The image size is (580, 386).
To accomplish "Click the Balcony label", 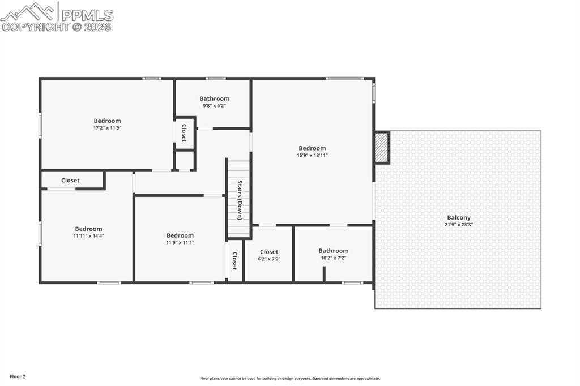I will coord(458,217).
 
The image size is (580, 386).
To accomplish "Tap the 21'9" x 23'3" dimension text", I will coord(458,225).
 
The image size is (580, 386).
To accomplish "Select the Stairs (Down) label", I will coord(240,200).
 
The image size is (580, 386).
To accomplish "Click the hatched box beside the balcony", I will coord(382,148).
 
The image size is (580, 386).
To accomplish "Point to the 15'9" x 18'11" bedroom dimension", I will coord(312,155).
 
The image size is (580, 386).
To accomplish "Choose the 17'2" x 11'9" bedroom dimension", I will coord(107,128).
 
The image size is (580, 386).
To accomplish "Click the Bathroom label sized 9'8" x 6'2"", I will coord(214,98).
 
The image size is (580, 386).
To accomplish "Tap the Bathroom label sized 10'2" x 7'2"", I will coord(333,251).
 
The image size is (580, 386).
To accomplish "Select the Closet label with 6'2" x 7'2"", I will coord(269,252).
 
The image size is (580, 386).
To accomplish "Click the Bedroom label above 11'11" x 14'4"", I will coord(88,229).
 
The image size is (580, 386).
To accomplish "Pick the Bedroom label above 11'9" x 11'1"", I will coord(180,235).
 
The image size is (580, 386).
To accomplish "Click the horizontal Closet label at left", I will coord(70,181).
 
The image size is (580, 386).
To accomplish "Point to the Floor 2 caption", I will coord(18,376).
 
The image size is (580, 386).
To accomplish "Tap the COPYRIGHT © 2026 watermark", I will coord(56,27).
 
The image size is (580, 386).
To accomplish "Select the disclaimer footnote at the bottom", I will coord(289,379).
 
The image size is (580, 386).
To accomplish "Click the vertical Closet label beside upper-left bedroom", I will coord(184,133).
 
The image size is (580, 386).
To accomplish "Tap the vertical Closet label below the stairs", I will coord(234,261).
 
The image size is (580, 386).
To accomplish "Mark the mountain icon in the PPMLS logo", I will coord(28,11).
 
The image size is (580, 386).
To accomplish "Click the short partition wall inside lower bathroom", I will coord(324,273).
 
